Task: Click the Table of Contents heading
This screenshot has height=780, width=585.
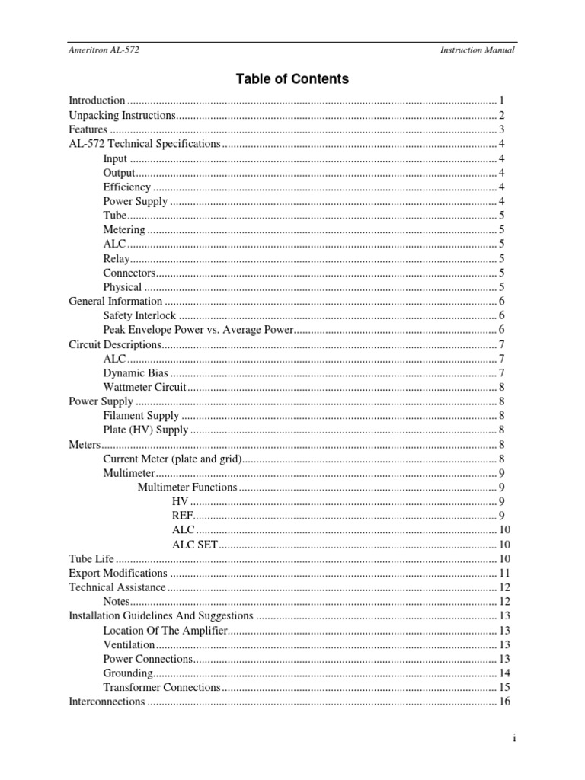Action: point(292,78)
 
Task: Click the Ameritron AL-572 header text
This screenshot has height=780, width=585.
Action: point(104,50)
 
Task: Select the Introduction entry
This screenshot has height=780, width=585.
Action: point(97,101)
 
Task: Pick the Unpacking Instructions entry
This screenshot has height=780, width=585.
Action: point(122,115)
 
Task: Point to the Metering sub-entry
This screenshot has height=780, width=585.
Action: point(123,229)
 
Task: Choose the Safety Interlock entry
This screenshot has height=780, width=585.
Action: point(139,315)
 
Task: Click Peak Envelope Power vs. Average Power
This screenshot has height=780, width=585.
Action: point(198,330)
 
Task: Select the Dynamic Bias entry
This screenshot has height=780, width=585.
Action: point(135,372)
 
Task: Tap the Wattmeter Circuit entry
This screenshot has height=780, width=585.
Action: point(144,387)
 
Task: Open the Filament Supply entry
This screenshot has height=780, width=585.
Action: point(141,416)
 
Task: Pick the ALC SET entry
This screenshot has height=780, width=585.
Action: point(195,545)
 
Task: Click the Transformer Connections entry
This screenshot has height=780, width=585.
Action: point(161,687)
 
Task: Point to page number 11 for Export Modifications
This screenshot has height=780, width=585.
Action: point(504,573)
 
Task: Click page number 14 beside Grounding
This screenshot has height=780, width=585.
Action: point(504,673)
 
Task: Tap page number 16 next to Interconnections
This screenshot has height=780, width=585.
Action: point(504,702)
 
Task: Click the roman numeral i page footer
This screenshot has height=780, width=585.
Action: point(515,738)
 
